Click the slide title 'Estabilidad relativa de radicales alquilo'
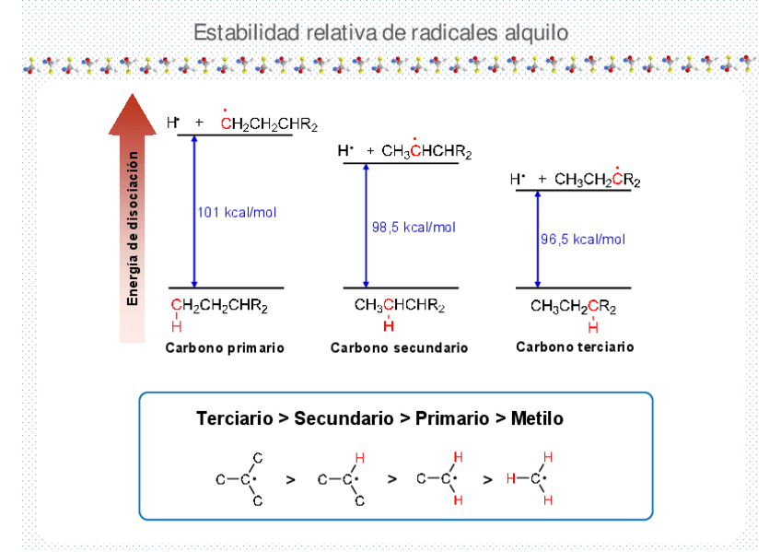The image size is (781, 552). (380, 33)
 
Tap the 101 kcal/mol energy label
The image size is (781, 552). (237, 213)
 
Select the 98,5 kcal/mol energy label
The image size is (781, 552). (414, 228)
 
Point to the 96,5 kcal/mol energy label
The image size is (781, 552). (582, 240)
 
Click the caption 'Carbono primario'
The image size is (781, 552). (224, 348)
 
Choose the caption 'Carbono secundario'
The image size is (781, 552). (399, 348)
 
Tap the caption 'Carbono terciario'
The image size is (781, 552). (575, 347)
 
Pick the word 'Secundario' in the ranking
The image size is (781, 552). (344, 418)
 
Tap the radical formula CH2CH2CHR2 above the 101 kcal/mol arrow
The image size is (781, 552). (269, 124)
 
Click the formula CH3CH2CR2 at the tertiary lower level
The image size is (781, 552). (573, 307)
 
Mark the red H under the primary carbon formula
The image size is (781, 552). (176, 326)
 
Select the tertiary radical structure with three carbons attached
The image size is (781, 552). (242, 479)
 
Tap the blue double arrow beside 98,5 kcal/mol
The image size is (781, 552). (366, 226)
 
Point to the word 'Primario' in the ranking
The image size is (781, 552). (452, 418)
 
